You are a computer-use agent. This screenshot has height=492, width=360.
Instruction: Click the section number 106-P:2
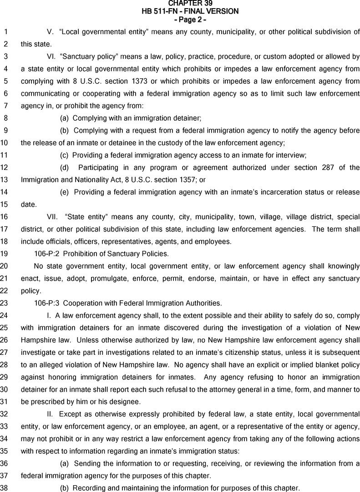click(x=47, y=254)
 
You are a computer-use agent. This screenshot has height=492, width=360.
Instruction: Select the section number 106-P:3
click(x=47, y=303)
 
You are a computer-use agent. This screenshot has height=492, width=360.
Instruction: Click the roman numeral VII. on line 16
click(x=54, y=217)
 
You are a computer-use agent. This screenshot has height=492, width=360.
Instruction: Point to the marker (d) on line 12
click(x=65, y=168)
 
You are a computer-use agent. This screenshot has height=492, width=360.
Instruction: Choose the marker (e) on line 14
click(x=65, y=192)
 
